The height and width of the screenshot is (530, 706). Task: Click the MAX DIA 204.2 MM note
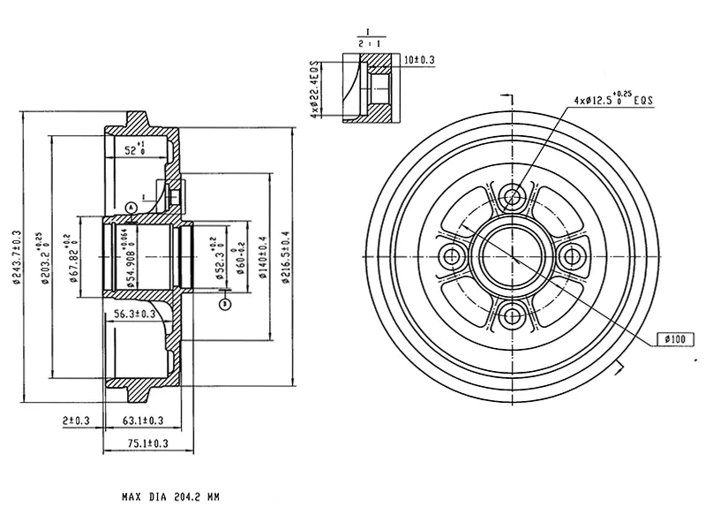click(x=170, y=497)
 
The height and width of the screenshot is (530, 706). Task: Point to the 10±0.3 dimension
click(x=419, y=60)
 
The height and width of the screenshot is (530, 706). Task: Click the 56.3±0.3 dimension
click(x=135, y=313)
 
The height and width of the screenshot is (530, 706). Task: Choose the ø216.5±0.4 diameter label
click(x=285, y=256)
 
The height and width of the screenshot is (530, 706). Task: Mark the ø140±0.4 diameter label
click(x=263, y=256)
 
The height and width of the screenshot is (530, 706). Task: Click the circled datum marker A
click(x=131, y=206)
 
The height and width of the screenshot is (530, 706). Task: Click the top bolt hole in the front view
click(x=513, y=196)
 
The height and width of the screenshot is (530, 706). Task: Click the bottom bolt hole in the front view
click(x=513, y=315)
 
